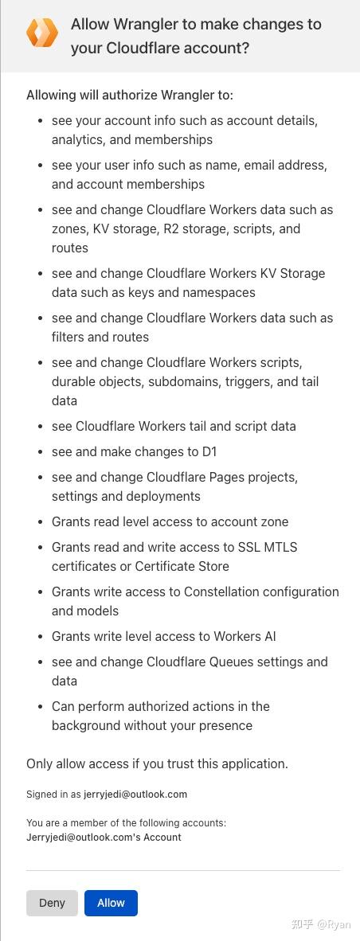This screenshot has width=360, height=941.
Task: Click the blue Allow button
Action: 111,903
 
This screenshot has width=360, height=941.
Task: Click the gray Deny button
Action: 52,903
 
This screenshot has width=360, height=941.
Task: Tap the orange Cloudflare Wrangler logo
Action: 42,33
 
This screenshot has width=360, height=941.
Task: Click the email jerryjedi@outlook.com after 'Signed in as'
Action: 135,794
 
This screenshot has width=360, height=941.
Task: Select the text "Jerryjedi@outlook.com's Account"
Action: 104,837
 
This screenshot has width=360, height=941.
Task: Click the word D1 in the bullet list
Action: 209,451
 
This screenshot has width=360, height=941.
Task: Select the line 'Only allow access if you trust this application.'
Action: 157,763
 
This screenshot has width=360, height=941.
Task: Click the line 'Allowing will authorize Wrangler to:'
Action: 130,95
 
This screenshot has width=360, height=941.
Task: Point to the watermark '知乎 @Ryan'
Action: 321,924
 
